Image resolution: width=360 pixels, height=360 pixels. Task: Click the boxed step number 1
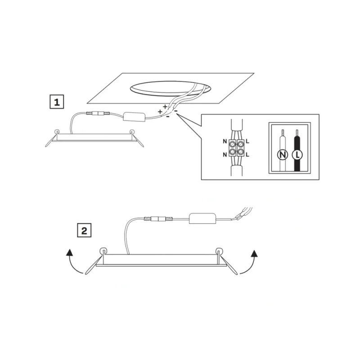(x=57, y=102)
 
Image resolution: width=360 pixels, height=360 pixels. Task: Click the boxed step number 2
(x=84, y=230)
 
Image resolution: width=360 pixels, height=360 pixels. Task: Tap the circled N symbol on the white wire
(x=283, y=155)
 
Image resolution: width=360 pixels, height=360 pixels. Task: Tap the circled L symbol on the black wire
(x=297, y=155)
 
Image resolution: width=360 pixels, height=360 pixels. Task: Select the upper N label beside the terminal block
(x=225, y=141)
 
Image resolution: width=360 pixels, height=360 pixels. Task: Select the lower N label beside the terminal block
(x=225, y=155)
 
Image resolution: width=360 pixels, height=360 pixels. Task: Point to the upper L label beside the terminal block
(x=247, y=141)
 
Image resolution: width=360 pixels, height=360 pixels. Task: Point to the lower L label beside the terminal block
(x=247, y=155)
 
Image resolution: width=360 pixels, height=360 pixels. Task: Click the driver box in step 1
(x=135, y=117)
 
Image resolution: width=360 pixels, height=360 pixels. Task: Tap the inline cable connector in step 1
(x=98, y=113)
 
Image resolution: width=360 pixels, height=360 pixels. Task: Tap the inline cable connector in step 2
(x=158, y=219)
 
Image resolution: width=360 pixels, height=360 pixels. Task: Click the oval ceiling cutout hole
(x=171, y=89)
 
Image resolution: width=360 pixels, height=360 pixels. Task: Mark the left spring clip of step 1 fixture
(x=52, y=139)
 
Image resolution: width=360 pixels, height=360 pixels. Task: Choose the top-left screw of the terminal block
(x=232, y=144)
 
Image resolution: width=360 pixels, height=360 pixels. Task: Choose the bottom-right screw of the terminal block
(x=240, y=152)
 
